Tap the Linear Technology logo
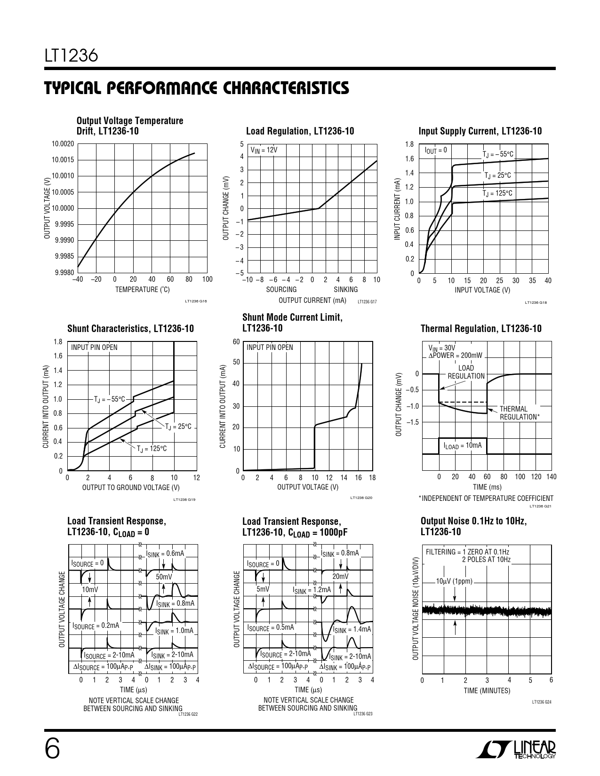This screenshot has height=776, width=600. tap(516, 750)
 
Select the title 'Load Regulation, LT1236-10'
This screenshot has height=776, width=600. tap(300, 131)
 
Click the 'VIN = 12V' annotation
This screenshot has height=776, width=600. tap(264, 150)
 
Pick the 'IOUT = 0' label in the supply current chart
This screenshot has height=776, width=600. tap(435, 150)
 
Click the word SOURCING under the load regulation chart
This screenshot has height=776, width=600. tap(281, 290)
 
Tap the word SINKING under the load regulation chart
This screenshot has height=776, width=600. tap(346, 290)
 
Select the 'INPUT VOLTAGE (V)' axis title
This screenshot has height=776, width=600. tap(482, 290)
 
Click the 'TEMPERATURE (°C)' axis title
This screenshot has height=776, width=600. tap(143, 290)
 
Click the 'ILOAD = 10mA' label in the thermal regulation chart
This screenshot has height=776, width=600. tap(463, 445)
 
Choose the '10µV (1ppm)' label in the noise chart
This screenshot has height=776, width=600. tap(454, 581)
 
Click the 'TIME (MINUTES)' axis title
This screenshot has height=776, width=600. tap(487, 691)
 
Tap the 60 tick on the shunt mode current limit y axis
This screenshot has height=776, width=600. tap(236, 341)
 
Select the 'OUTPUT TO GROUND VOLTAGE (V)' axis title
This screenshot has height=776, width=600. tap(131, 487)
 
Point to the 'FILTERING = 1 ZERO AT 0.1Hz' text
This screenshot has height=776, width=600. tap(467, 552)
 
